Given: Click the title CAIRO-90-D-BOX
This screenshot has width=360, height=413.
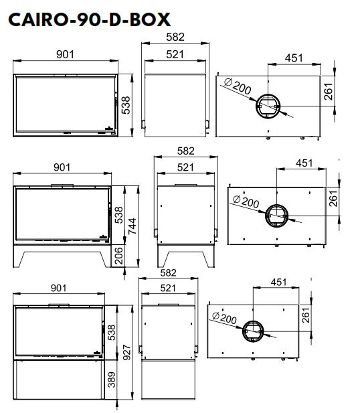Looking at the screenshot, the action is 89,20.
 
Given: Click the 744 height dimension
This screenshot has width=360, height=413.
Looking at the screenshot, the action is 132,226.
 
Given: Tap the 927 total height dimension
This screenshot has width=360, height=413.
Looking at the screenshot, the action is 127,353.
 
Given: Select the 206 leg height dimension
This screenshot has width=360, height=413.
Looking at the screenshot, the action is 119,256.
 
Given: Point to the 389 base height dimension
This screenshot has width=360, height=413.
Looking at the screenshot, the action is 112,380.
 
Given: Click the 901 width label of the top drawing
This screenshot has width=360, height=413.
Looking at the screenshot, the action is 66,54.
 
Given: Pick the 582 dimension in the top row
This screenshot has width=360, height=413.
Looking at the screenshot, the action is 175,37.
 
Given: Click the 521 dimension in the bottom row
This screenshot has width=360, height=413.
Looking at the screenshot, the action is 168,288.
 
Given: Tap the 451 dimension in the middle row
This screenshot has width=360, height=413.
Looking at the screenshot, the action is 304,163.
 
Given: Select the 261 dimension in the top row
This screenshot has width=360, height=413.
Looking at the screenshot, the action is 329,92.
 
